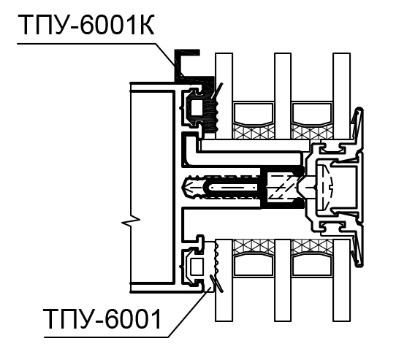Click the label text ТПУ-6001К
(86, 26)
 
